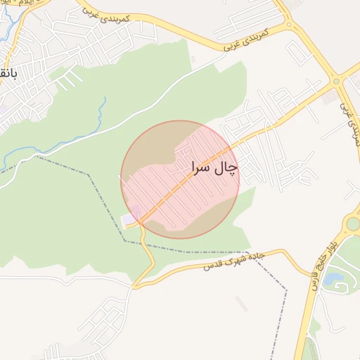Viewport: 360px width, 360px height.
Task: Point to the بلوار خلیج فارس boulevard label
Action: [x=321, y=268]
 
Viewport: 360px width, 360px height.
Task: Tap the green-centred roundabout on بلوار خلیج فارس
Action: [x=353, y=224]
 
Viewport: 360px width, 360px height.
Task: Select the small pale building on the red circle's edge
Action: [x=131, y=221]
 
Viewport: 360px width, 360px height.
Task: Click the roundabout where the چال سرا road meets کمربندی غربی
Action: [x=337, y=82]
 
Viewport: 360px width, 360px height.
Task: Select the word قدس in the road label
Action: [x=213, y=265]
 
